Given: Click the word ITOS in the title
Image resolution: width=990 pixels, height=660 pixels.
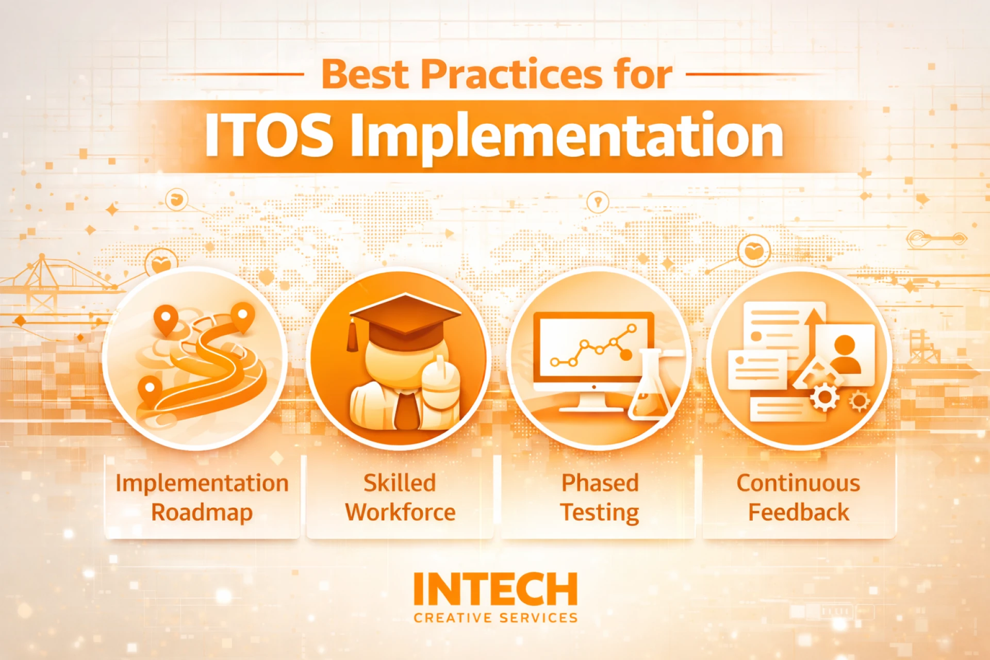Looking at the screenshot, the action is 269,135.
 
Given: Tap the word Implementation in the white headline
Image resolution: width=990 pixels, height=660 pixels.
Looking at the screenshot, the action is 567,137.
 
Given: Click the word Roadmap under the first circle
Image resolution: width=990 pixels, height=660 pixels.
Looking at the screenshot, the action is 202,513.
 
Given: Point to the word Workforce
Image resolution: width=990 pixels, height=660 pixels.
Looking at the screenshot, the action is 401,513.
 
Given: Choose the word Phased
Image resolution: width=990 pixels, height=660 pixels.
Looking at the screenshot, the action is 600,483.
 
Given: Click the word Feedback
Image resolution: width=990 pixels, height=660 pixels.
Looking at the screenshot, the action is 799,513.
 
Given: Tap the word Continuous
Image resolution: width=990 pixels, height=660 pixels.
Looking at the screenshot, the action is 798,483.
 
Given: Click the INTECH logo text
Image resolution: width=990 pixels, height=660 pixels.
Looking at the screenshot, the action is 496,589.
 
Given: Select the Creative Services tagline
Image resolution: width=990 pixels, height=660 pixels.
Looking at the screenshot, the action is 496,618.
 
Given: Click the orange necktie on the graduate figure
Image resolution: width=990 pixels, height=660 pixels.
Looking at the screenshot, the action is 407,410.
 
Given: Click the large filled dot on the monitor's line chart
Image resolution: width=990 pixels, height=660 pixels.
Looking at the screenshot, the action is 625,354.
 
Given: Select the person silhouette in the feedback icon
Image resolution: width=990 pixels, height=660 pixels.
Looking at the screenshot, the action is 845,354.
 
